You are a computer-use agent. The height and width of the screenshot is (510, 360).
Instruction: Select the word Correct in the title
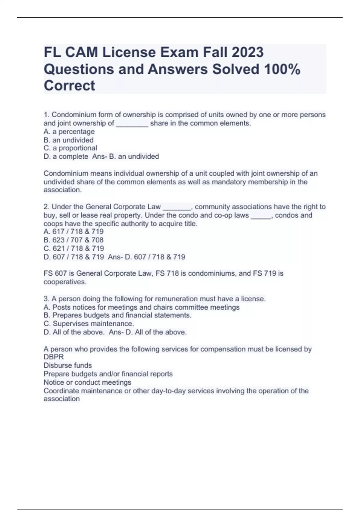click(x=69, y=85)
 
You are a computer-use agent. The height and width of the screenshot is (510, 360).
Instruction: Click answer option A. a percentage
click(x=69, y=132)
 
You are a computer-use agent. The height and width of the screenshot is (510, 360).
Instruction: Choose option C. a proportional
click(x=70, y=148)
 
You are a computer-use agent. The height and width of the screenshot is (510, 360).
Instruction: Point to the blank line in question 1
click(x=132, y=124)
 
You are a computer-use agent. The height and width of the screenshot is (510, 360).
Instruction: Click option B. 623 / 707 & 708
click(x=73, y=240)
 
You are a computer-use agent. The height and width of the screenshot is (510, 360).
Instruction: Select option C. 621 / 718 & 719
click(x=74, y=248)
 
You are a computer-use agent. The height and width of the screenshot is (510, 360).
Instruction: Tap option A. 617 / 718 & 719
click(x=73, y=232)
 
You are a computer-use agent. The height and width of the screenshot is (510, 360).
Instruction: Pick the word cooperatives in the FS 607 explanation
click(x=64, y=282)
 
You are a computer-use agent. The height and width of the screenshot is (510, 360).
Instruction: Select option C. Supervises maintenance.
click(x=89, y=324)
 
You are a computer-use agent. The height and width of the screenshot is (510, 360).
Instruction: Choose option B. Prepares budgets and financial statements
click(x=117, y=315)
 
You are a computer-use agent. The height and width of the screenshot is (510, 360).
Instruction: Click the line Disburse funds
click(x=68, y=365)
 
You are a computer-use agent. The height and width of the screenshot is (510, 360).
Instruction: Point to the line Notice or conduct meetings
click(x=87, y=382)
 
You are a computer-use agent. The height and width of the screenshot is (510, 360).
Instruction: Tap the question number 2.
click(x=46, y=207)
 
